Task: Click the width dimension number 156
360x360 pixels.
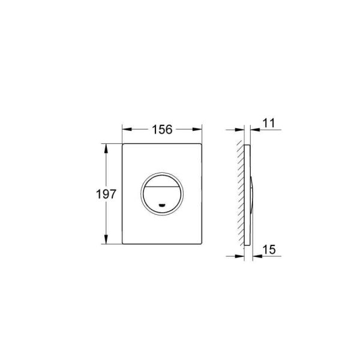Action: [x=161, y=129]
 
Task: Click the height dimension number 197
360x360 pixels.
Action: [x=106, y=194]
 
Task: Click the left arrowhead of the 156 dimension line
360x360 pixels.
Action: [x=125, y=129]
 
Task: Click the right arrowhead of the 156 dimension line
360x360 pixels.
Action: [x=196, y=129]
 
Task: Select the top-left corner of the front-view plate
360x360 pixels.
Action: [x=124, y=145]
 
